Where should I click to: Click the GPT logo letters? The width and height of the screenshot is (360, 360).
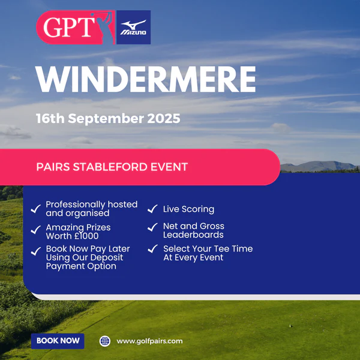click(x=68, y=28)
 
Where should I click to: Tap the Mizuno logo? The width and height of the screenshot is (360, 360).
click(x=133, y=28)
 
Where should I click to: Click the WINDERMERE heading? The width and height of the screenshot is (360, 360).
click(x=146, y=79)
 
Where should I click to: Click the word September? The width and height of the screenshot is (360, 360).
click(x=106, y=119)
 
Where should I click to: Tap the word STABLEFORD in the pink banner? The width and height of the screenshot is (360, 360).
click(x=110, y=167)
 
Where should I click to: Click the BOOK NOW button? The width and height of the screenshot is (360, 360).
click(x=58, y=341)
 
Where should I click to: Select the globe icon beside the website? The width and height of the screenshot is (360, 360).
click(x=105, y=341)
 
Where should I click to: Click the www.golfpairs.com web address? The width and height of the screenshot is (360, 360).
click(x=149, y=341)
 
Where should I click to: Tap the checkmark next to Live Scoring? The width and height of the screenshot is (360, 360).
click(x=152, y=209)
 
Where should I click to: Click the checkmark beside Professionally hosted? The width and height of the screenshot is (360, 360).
click(x=36, y=209)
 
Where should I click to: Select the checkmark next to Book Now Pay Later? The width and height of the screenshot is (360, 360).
click(x=36, y=251)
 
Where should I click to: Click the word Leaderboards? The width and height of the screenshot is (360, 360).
click(x=193, y=235)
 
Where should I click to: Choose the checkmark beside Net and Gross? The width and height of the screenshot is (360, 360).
click(x=152, y=227)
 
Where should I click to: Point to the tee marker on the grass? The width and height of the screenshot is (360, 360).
click(x=290, y=326)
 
